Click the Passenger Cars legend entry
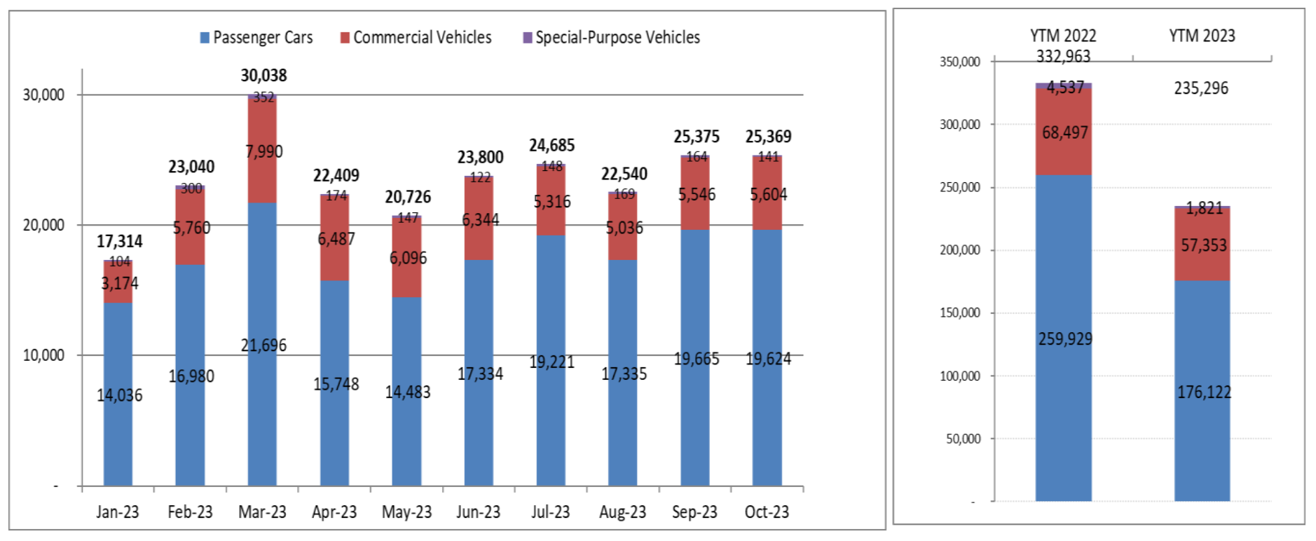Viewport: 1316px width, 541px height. pyautogui.click(x=256, y=37)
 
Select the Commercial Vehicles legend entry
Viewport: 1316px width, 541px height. pyautogui.click(x=416, y=37)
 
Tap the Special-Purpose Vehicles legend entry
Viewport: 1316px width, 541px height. pyautogui.click(x=612, y=37)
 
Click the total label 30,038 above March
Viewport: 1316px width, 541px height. pyautogui.click(x=263, y=76)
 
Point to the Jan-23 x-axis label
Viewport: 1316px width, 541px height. pyautogui.click(x=118, y=512)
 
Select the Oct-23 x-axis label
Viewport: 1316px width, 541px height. pyautogui.click(x=767, y=512)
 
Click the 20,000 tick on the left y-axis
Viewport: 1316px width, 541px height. pyautogui.click(x=43, y=225)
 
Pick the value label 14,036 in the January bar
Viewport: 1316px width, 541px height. pyautogui.click(x=119, y=395)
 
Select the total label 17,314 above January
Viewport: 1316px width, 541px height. pyautogui.click(x=119, y=242)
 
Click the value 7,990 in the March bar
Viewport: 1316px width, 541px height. pyautogui.click(x=264, y=151)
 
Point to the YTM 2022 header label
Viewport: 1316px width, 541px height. pyautogui.click(x=1063, y=36)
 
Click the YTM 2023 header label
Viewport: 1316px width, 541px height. pyautogui.click(x=1202, y=36)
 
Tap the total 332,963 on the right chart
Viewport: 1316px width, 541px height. pyautogui.click(x=1063, y=57)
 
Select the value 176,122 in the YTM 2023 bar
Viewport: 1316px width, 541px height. pyautogui.click(x=1204, y=392)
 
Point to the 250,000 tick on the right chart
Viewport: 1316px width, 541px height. pyautogui.click(x=960, y=187)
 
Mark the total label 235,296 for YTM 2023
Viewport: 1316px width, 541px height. pyautogui.click(x=1201, y=88)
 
